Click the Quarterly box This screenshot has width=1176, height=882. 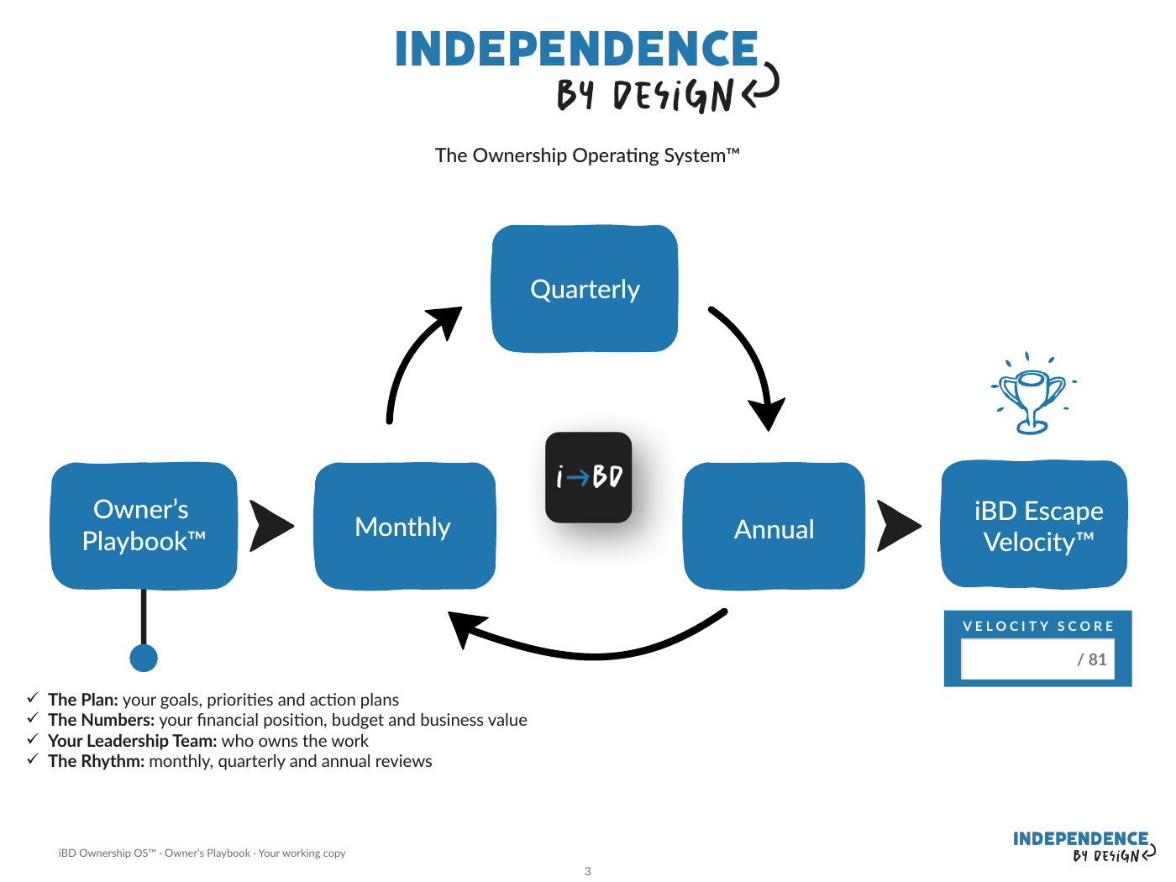(x=585, y=289)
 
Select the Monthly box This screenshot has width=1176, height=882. (x=405, y=526)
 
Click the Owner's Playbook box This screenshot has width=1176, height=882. (x=144, y=526)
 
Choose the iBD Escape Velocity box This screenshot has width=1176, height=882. (x=1035, y=524)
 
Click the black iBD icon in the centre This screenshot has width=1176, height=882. (x=588, y=477)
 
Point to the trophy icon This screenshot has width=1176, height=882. (x=1032, y=394)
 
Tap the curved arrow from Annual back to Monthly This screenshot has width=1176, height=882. (x=590, y=654)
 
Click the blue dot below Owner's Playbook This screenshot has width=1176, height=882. (x=144, y=658)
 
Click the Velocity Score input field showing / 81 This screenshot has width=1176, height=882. (x=1037, y=659)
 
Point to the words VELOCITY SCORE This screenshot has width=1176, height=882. (x=1038, y=626)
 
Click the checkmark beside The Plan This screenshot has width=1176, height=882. (x=34, y=697)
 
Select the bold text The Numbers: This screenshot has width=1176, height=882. (x=102, y=720)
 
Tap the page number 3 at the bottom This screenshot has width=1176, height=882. (x=588, y=871)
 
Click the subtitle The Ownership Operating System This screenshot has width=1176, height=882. (x=587, y=155)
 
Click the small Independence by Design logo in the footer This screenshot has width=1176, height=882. (x=1084, y=847)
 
